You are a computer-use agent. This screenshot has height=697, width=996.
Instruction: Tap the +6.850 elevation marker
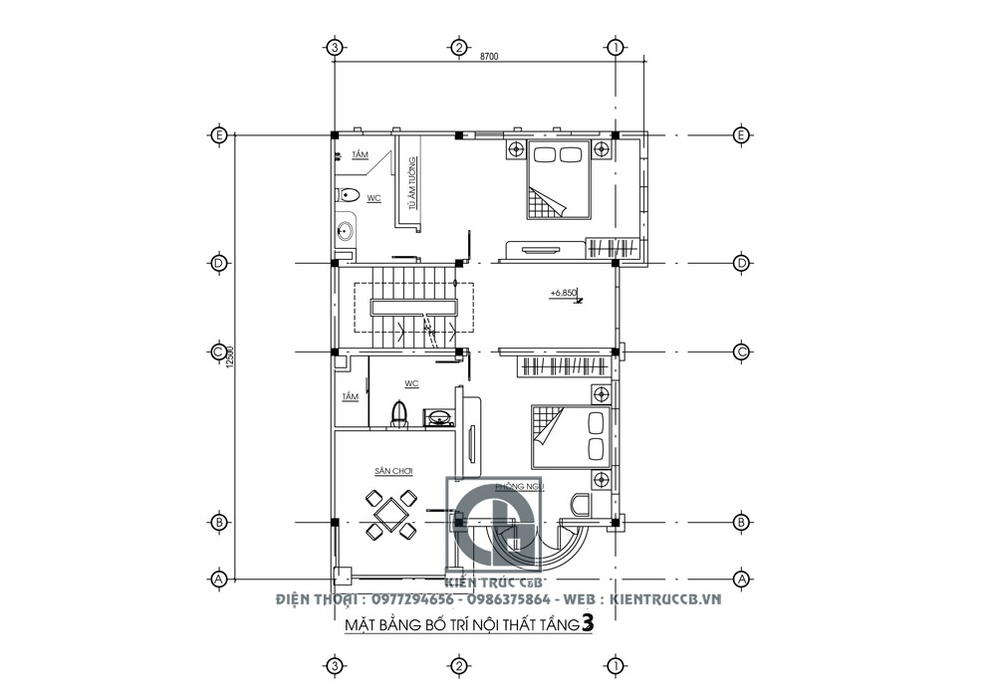coord(564,294)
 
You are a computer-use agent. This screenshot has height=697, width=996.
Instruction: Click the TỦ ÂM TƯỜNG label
coord(409,188)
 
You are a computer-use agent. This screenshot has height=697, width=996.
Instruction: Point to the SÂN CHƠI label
coord(393,470)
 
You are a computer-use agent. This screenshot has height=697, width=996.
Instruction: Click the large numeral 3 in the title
coord(588,624)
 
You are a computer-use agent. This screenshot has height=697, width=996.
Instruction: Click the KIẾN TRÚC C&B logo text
coord(501,580)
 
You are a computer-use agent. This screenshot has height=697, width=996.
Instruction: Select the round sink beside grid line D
coord(346,230)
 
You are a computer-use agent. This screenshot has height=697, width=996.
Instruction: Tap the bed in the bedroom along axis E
coord(559,179)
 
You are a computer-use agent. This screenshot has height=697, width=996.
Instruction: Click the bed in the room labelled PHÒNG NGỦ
coord(570,435)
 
